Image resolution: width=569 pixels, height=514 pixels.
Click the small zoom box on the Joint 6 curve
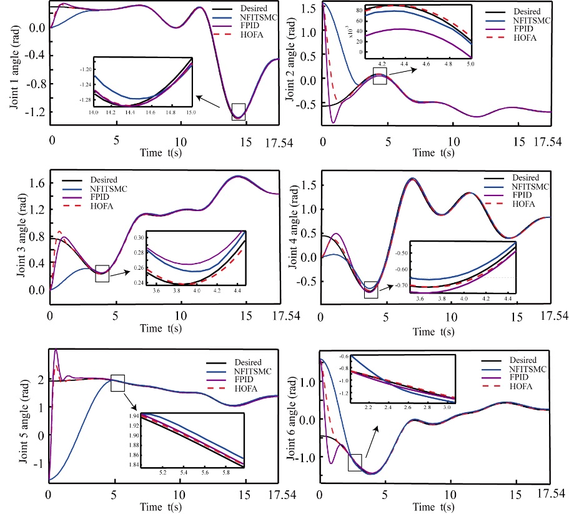(x=355, y=462)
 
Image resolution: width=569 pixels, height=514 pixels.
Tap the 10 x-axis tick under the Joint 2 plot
(x=453, y=141)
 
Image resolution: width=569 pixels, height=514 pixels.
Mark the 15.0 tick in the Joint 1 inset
(x=190, y=112)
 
